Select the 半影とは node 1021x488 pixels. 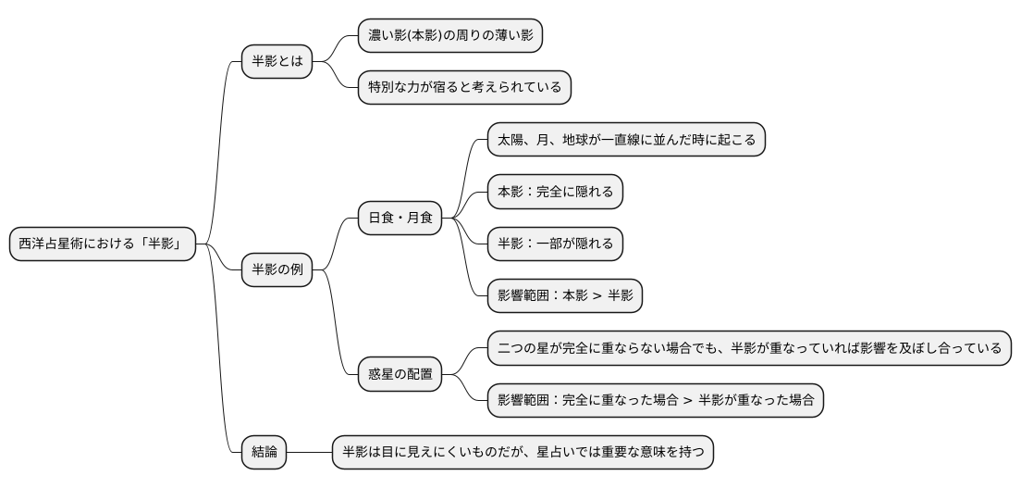pyautogui.click(x=277, y=63)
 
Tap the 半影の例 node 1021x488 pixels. pyautogui.click(x=277, y=270)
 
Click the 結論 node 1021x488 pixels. pyautogui.click(x=264, y=452)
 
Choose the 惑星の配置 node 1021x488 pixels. pyautogui.click(x=400, y=374)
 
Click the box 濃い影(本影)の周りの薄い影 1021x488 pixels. pyautogui.click(x=449, y=36)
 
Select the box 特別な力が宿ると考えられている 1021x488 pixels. pyautogui.click(x=464, y=88)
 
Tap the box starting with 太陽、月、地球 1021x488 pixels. pyautogui.click(x=626, y=140)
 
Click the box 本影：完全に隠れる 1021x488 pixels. pyautogui.click(x=555, y=192)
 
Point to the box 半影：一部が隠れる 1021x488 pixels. pyautogui.click(x=555, y=244)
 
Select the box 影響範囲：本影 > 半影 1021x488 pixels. pyautogui.click(x=564, y=296)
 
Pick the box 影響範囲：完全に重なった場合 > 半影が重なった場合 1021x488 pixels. pyautogui.click(x=656, y=400)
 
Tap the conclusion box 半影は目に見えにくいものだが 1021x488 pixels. pyautogui.click(x=523, y=452)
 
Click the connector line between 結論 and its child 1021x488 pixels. pyautogui.click(x=309, y=452)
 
